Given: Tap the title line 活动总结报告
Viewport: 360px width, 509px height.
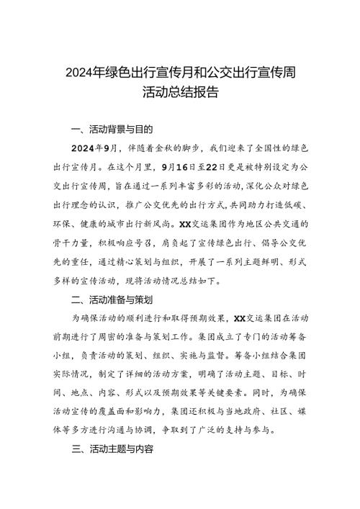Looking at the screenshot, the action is [180, 93].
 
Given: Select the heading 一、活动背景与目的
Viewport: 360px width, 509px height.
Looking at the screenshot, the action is [113, 130].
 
